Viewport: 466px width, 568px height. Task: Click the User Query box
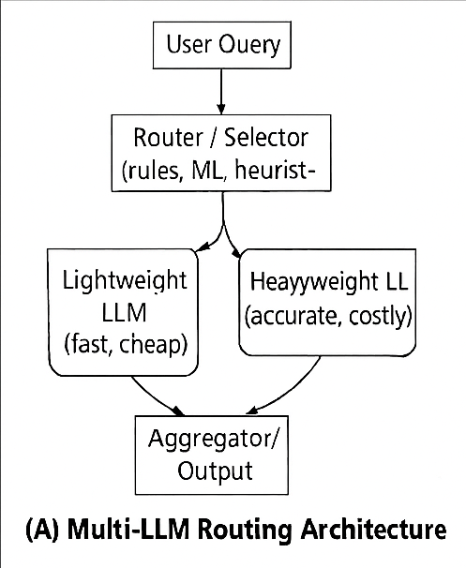pyautogui.click(x=222, y=43)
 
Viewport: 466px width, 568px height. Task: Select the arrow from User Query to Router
pyautogui.click(x=222, y=92)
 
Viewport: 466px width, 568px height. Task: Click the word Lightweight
pyautogui.click(x=125, y=280)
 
